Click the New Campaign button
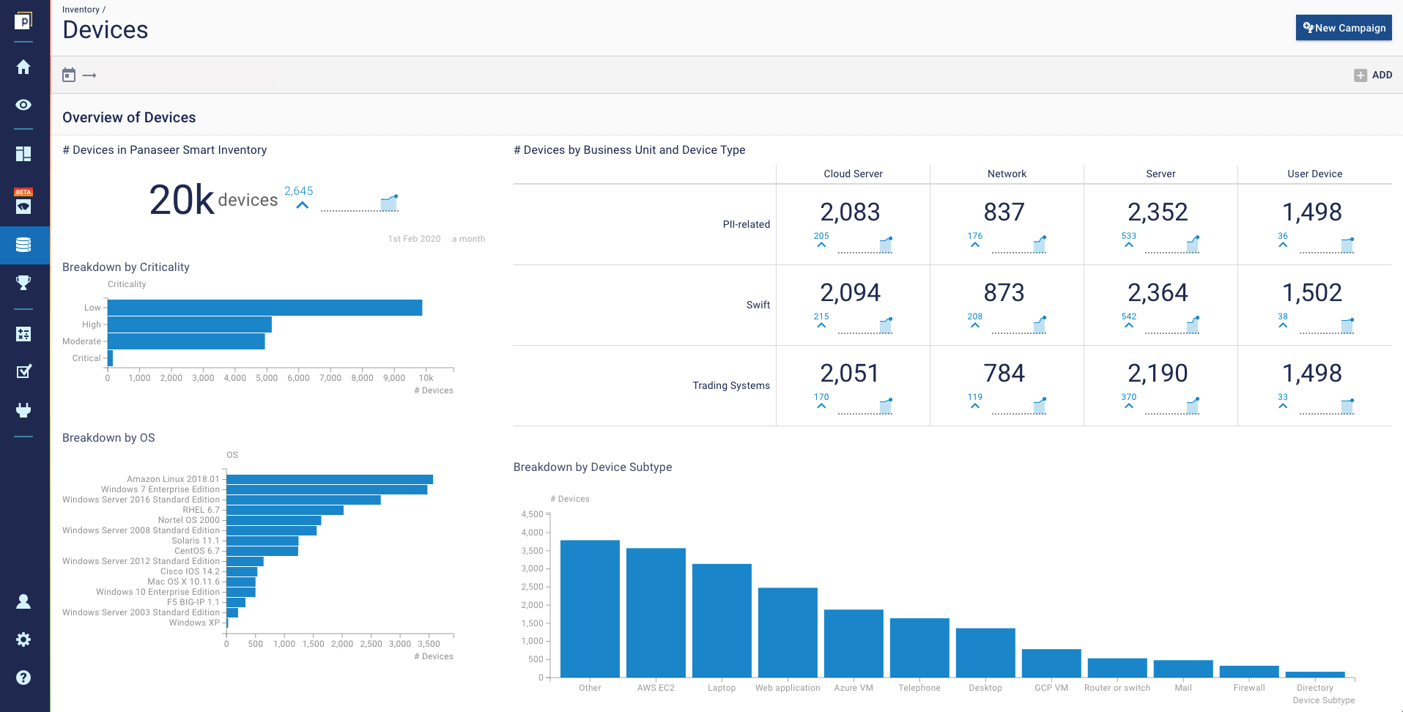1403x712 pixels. (1344, 28)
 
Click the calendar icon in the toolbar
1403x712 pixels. (69, 75)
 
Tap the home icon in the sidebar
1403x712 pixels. (23, 67)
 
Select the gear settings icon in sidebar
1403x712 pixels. (23, 639)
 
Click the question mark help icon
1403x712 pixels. (23, 678)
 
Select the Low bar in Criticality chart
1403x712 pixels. (264, 308)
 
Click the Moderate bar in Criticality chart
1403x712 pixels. (186, 341)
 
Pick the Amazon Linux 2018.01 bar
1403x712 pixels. (329, 479)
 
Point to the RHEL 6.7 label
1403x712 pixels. (201, 510)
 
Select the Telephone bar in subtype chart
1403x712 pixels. (919, 648)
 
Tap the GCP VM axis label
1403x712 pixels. (1051, 688)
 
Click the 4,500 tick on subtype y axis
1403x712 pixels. (533, 514)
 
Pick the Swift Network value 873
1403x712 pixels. (1004, 293)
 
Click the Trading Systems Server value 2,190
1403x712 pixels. (1158, 374)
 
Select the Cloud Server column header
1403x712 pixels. (853, 174)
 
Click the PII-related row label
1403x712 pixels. (746, 224)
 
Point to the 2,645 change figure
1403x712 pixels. (298, 190)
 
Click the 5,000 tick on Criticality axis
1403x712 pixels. (267, 378)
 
